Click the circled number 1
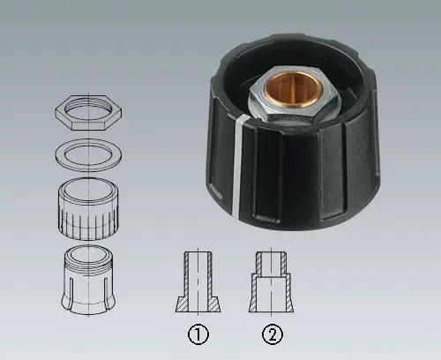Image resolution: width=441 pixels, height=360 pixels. tap(198, 334)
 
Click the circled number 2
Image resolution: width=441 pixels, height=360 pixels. tap(273, 334)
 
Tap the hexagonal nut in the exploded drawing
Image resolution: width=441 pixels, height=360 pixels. tap(88, 112)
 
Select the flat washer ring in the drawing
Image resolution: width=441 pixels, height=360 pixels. tap(88, 155)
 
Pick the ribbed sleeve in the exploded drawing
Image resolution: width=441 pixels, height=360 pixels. tap(88, 208)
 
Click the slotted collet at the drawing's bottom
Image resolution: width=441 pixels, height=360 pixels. tap(88, 278)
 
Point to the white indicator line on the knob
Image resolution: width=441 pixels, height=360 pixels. tap(238, 165)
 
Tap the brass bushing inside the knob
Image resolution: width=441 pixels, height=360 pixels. tap(294, 87)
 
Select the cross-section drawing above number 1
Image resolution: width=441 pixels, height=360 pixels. tap(198, 281)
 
